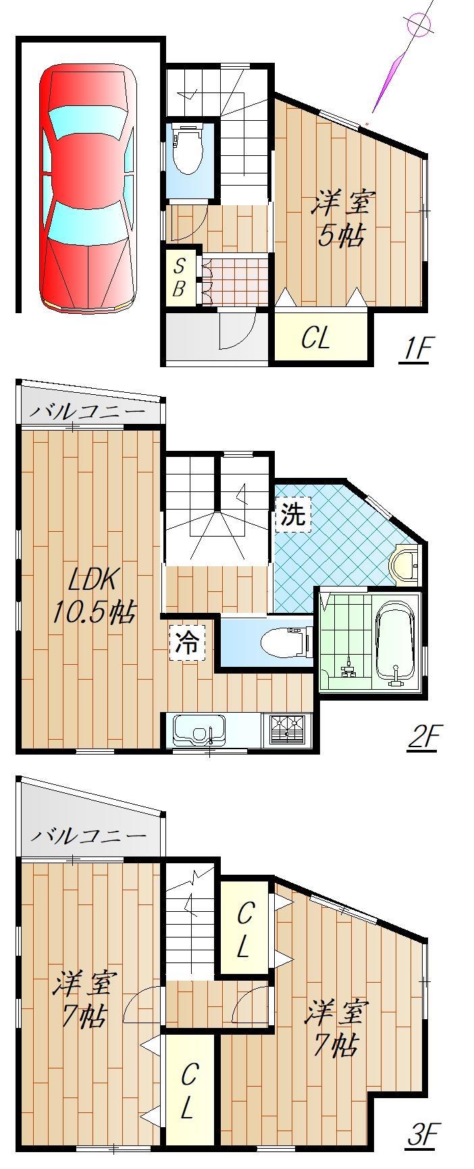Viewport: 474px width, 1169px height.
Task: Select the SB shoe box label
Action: (179, 277)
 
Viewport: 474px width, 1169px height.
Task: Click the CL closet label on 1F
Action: (315, 338)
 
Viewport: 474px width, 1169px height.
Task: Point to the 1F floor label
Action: (415, 350)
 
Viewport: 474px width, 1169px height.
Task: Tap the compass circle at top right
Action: (419, 26)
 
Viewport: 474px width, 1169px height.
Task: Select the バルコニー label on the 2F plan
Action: (87, 411)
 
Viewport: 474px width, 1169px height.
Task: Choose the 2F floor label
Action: (423, 737)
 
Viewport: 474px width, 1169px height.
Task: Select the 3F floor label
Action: (423, 1135)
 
